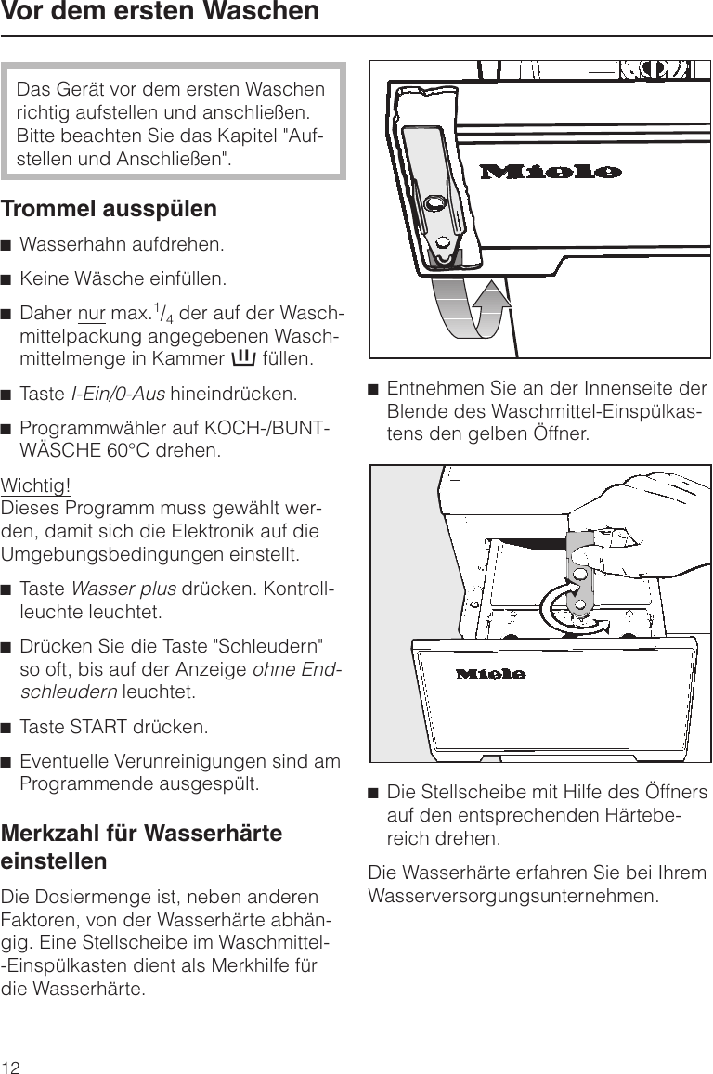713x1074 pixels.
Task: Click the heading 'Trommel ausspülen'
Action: pos(110,208)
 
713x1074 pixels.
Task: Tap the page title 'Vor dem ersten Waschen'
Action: pos(160,13)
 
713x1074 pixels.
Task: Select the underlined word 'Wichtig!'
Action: pos(36,486)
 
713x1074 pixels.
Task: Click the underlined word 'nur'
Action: pos(90,311)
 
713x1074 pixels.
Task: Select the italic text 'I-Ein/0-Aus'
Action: pos(119,394)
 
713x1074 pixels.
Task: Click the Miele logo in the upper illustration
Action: pos(551,172)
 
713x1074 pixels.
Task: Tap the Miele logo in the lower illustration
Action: pos(491,673)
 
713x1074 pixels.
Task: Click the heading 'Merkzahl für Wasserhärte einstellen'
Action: pos(142,847)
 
